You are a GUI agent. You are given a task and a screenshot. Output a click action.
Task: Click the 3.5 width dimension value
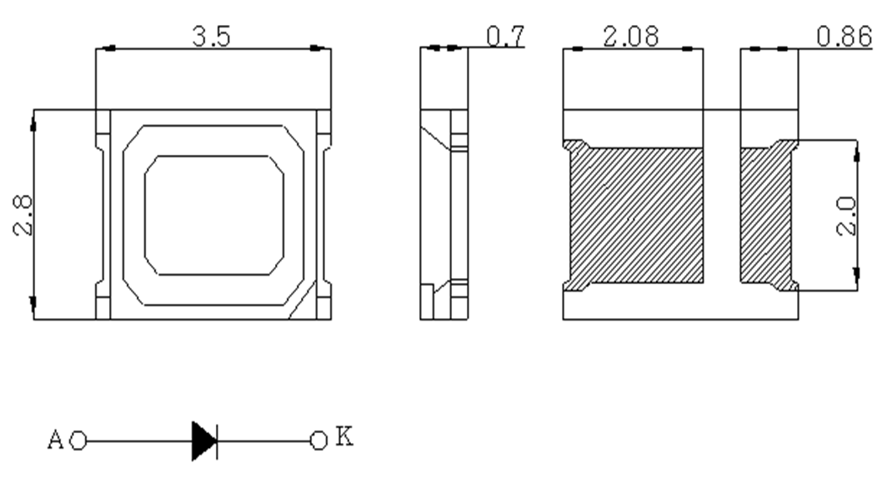coord(212,37)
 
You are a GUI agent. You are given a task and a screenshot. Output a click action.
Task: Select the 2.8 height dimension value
coord(23,216)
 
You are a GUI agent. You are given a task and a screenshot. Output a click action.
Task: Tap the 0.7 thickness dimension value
coord(506,36)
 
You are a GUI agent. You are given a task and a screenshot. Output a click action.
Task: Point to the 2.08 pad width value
coord(631,37)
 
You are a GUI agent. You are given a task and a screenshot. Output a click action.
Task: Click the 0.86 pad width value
coord(844,37)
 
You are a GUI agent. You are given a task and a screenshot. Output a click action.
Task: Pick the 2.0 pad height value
coord(846,216)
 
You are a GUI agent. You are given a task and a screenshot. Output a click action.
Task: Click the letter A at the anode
coord(55,440)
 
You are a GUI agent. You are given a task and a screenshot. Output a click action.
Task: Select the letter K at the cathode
coord(344,436)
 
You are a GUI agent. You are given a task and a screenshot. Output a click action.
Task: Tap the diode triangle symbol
coord(204,441)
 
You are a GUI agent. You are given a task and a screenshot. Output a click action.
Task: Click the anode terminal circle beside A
coord(78,441)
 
